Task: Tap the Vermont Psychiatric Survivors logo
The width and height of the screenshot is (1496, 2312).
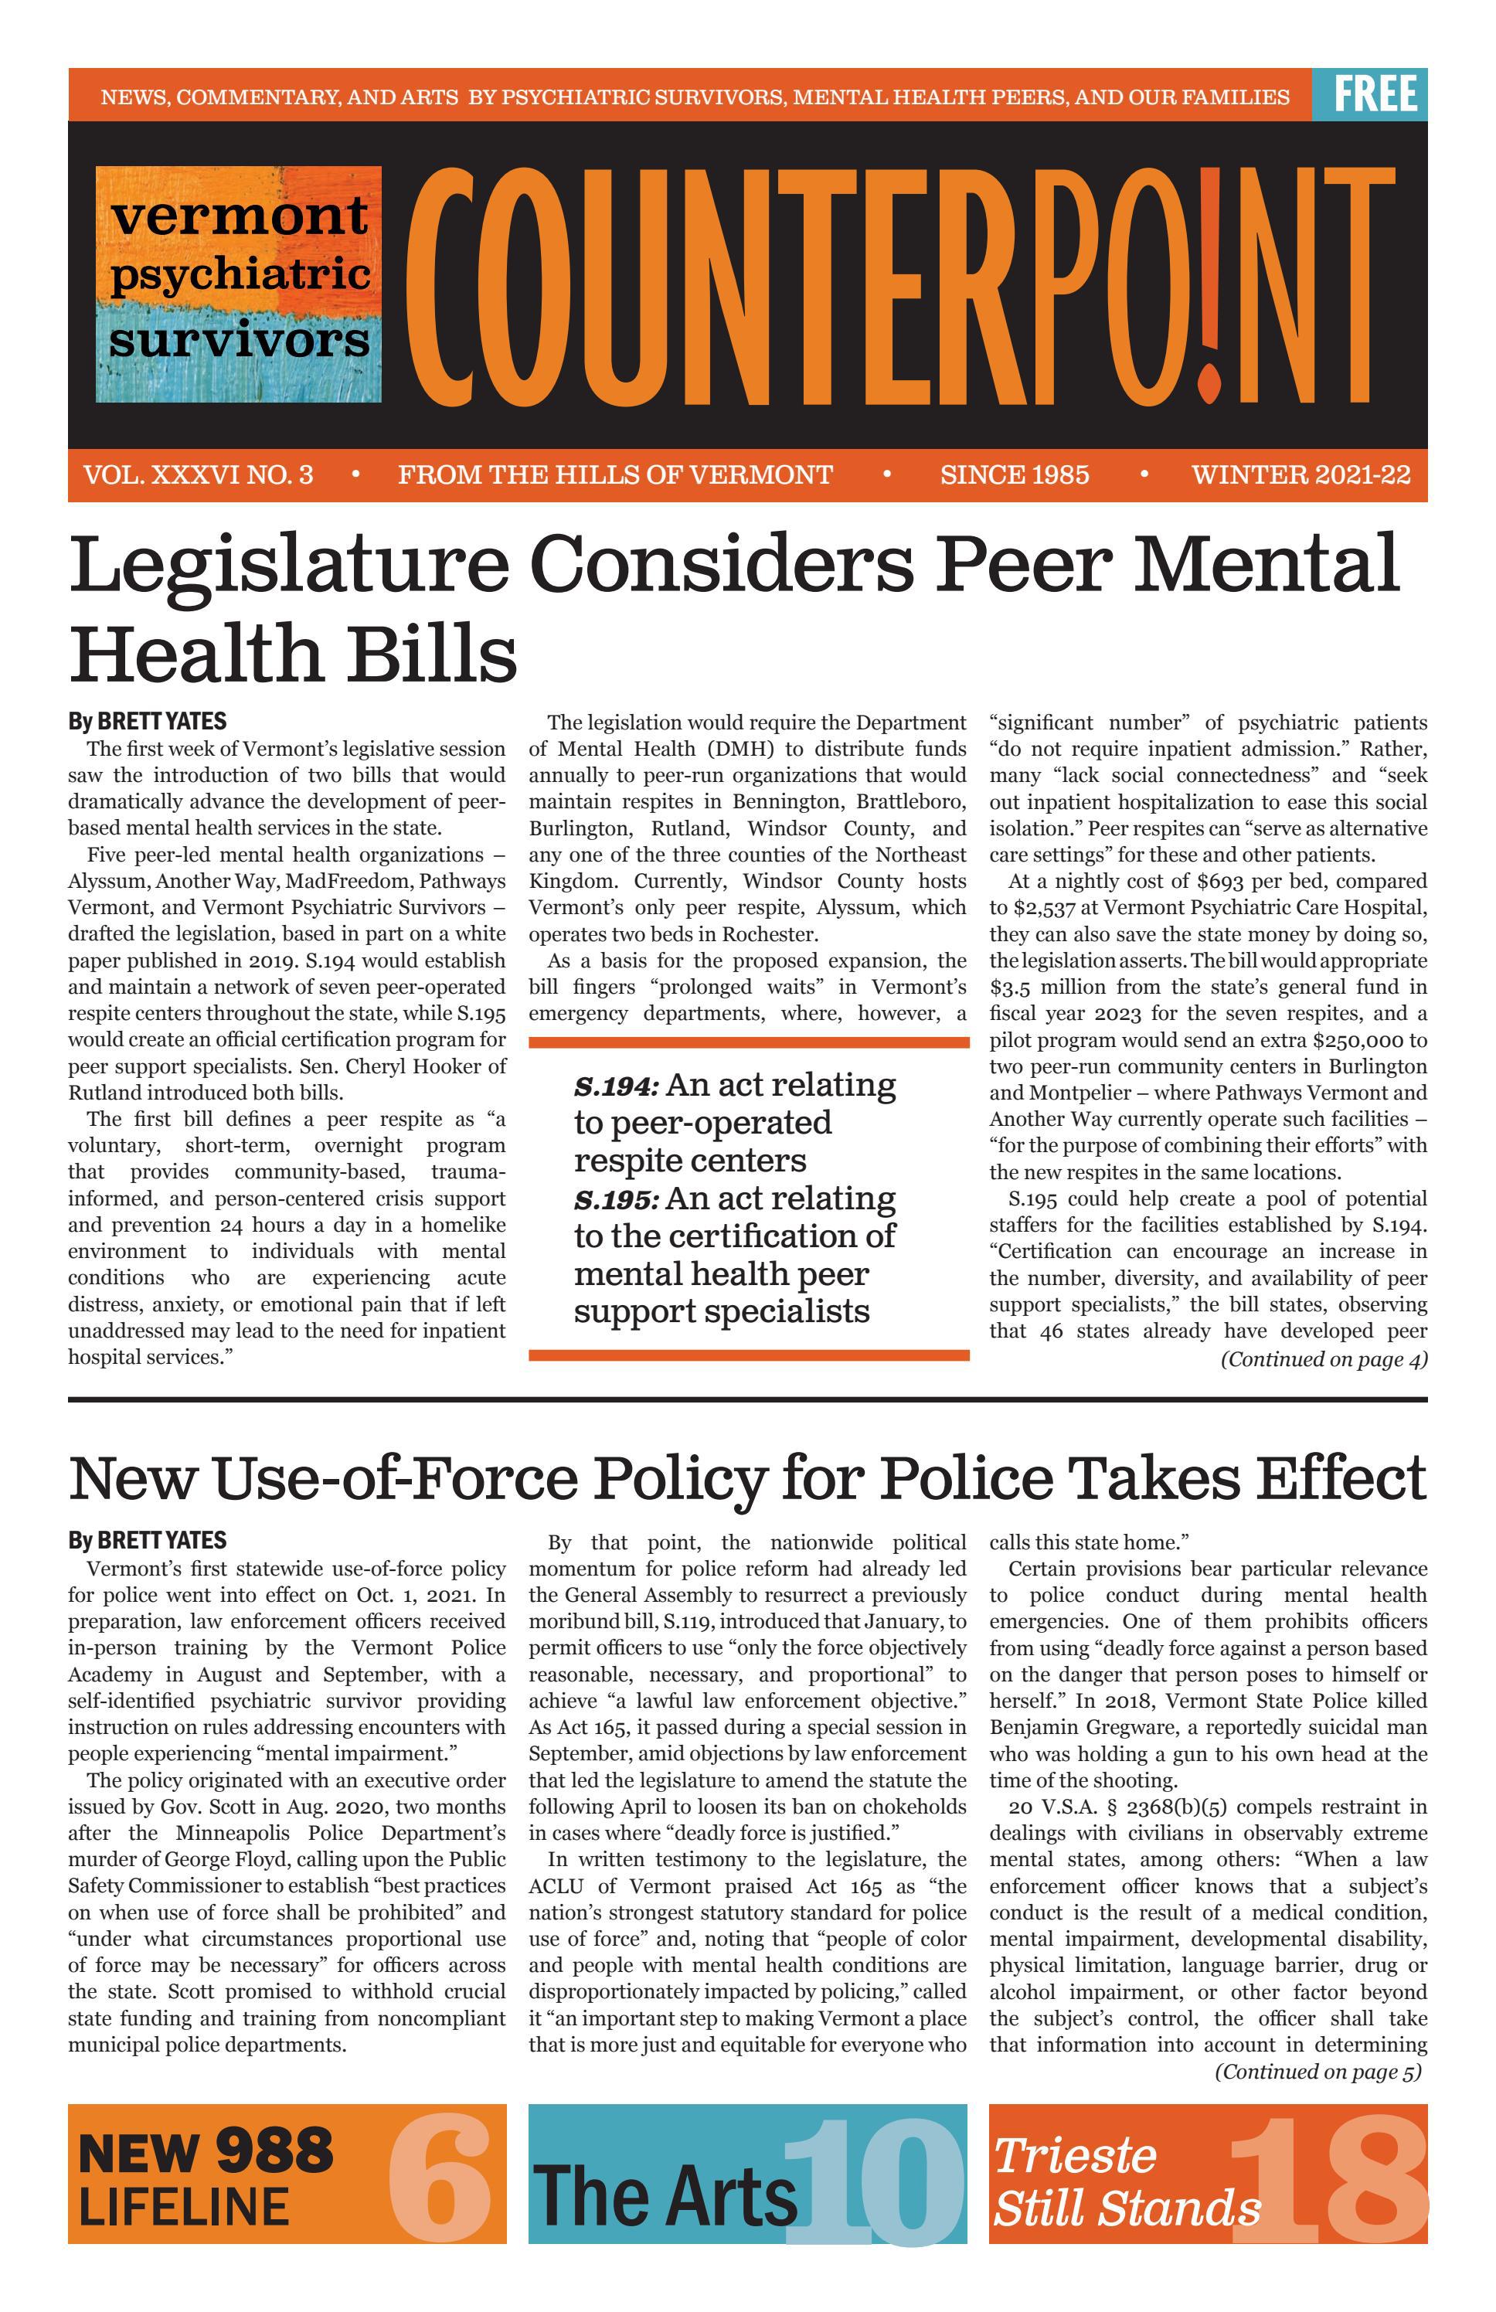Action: pos(238,284)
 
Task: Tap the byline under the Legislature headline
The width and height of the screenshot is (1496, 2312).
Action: pos(147,721)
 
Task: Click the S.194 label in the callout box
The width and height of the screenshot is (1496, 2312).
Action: pos(616,1085)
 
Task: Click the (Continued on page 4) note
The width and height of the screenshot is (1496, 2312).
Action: pos(1323,1359)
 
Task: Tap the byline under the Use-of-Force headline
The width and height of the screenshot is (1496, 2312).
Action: pos(147,1540)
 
